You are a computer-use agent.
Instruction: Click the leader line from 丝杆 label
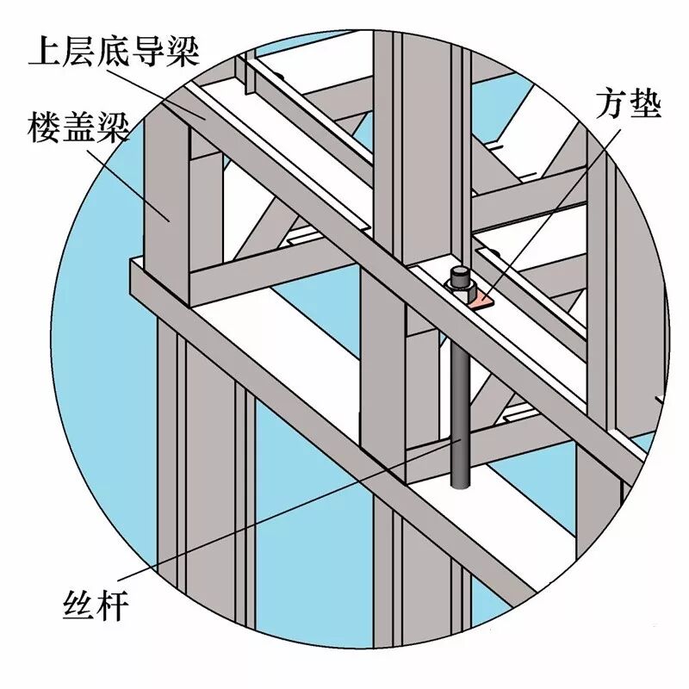[284, 525]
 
